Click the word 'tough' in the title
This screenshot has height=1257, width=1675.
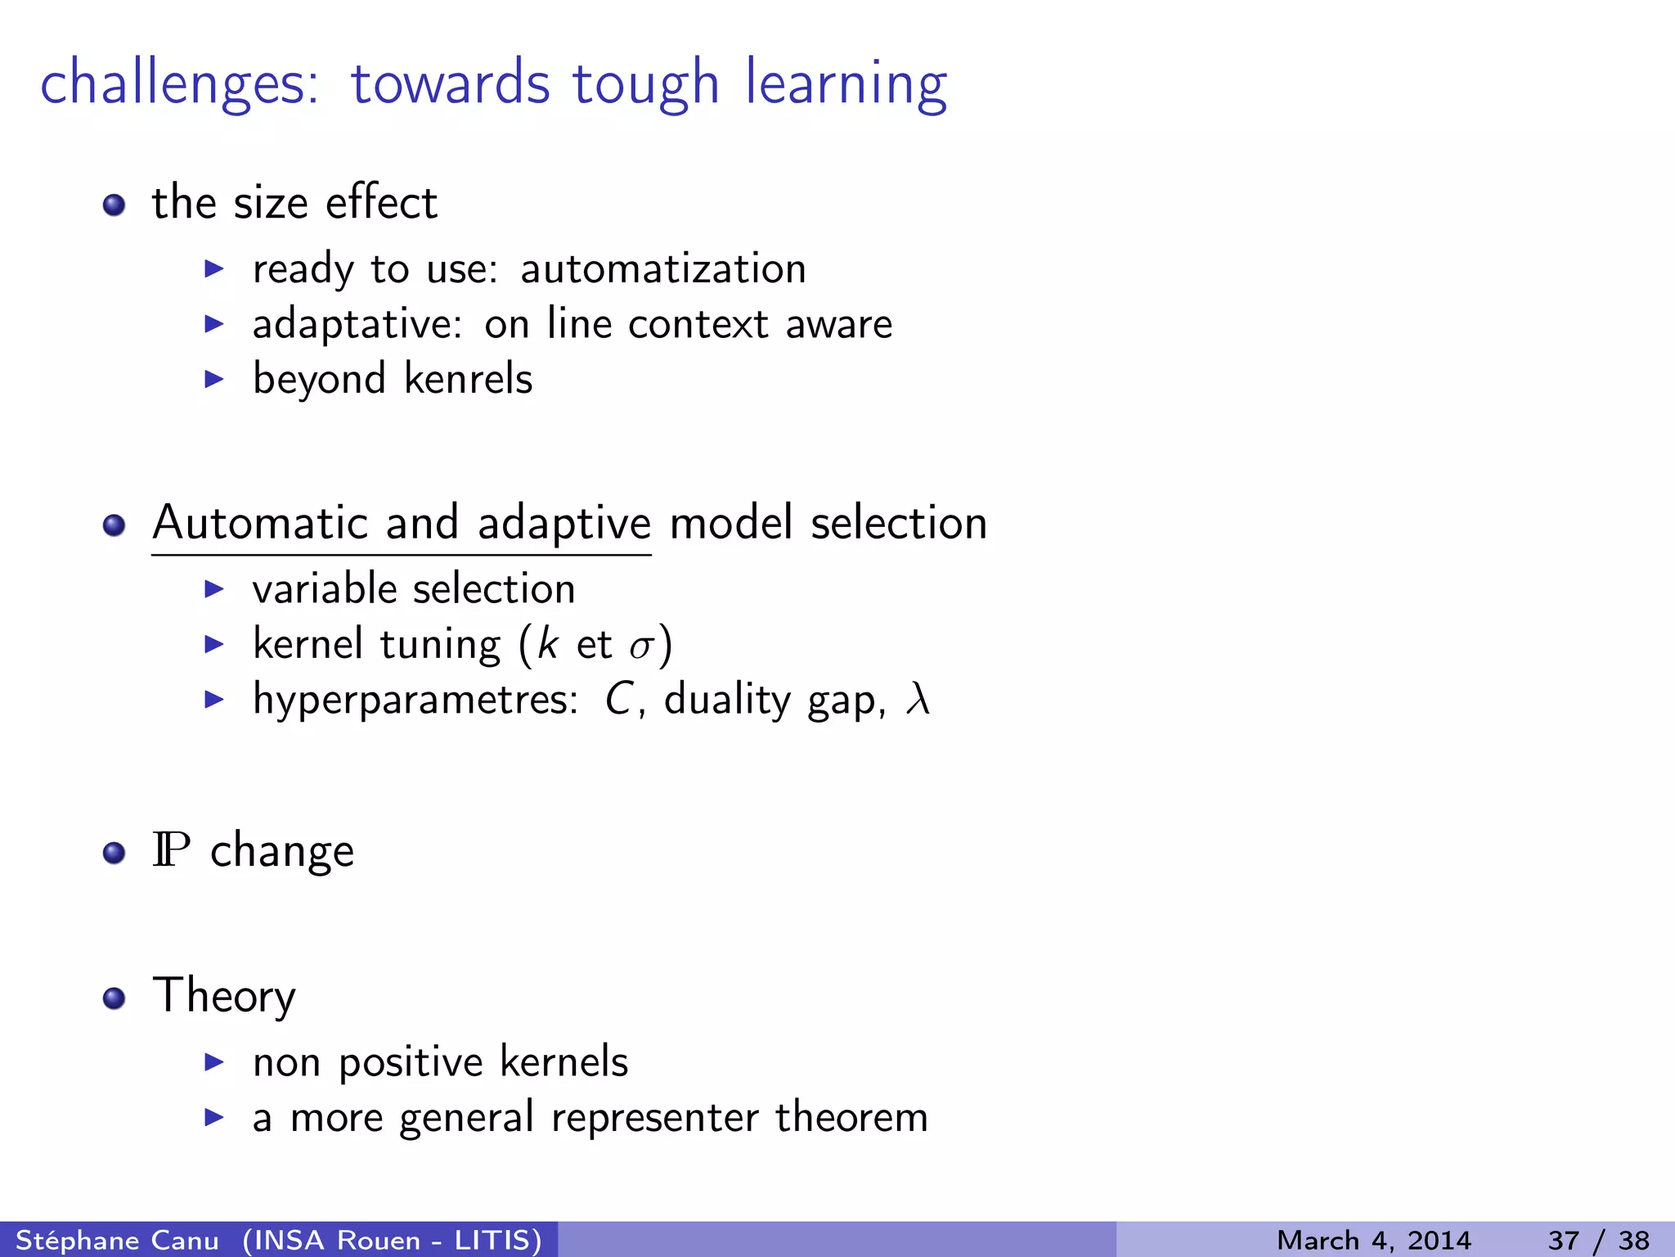click(644, 85)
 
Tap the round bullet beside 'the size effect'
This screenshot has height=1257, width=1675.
click(115, 204)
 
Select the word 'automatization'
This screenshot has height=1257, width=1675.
click(662, 269)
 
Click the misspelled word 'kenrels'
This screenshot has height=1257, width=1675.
click(468, 379)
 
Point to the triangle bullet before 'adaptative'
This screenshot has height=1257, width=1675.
click(214, 324)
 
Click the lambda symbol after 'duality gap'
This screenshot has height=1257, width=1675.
click(918, 701)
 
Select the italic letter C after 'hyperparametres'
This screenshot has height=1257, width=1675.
click(618, 701)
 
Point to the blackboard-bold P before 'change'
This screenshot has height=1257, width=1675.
click(171, 850)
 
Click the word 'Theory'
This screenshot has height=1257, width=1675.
click(223, 996)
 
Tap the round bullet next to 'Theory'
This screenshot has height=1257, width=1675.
click(115, 998)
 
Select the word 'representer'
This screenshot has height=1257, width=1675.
click(654, 1118)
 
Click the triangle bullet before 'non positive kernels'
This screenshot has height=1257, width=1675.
click(214, 1063)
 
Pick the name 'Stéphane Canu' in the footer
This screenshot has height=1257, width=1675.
click(117, 1240)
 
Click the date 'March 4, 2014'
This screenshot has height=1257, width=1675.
click(1373, 1240)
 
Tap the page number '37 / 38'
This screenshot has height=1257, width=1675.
click(1598, 1240)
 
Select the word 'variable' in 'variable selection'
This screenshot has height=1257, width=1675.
click(326, 589)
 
